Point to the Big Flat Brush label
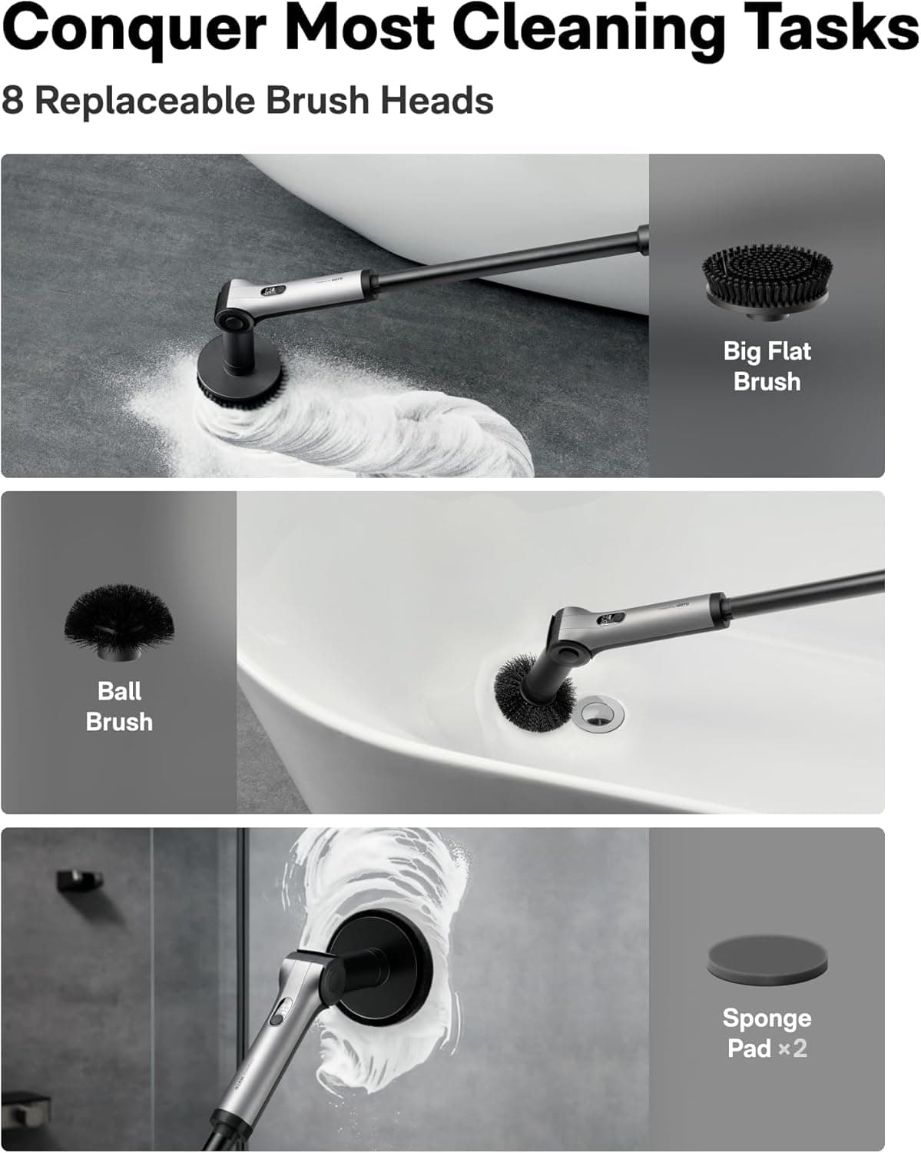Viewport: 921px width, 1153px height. coord(767,366)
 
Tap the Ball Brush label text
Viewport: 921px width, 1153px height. coord(119,706)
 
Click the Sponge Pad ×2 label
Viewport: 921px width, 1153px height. coord(767,1032)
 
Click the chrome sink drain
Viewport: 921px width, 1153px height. coord(601,713)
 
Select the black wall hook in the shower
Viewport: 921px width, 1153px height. coord(76,881)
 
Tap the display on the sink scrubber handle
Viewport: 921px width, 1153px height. coord(609,617)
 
